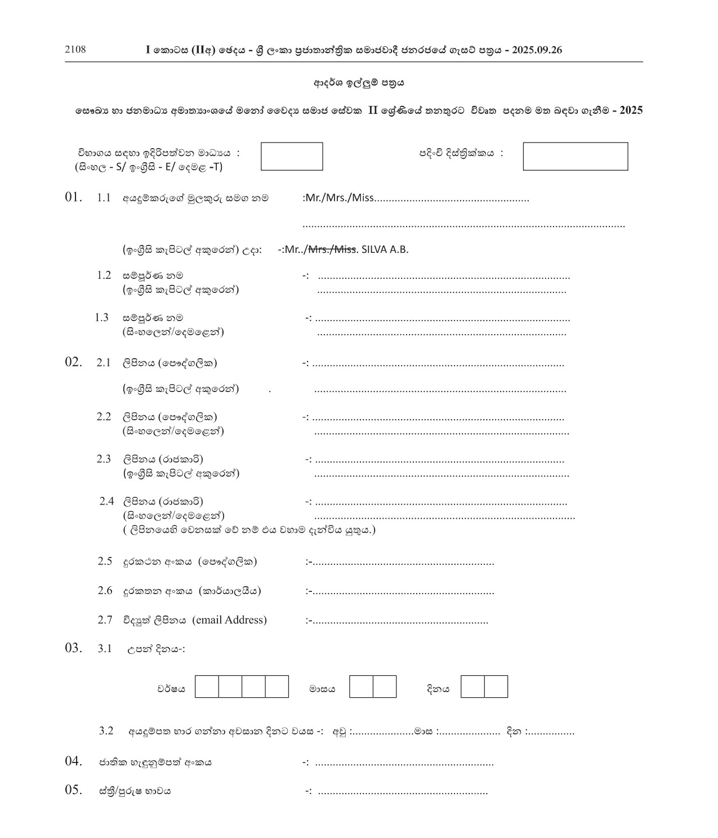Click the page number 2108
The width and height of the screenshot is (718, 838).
(x=75, y=50)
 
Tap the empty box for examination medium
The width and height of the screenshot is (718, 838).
(x=292, y=157)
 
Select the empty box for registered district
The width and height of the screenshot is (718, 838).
(x=575, y=157)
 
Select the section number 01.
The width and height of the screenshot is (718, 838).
(x=73, y=197)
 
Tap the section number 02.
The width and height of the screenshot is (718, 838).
(x=73, y=362)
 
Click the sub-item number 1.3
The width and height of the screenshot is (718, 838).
(x=101, y=318)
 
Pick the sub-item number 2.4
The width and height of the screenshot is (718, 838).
(x=106, y=501)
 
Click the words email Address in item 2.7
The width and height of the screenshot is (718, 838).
(x=229, y=620)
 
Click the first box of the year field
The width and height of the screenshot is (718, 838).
(x=207, y=687)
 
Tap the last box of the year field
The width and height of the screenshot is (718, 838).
(x=277, y=687)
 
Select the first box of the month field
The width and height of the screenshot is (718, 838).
(x=361, y=687)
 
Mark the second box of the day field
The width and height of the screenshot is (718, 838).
(x=496, y=687)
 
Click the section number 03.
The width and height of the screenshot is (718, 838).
(x=73, y=648)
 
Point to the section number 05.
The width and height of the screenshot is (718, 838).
(x=73, y=790)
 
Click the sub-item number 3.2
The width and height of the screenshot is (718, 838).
(x=106, y=731)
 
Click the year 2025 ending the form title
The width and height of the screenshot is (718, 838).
(x=631, y=111)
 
